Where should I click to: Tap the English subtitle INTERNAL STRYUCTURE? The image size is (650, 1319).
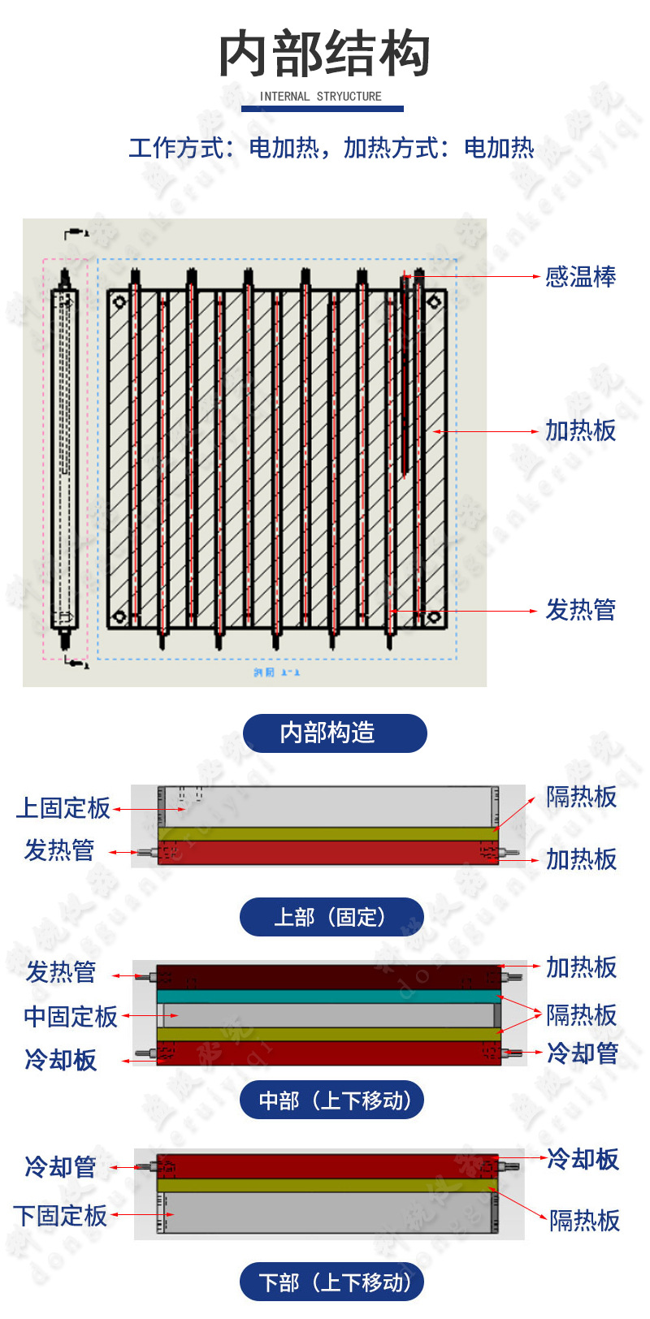(x=320, y=96)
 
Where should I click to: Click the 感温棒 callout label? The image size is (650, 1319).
(x=580, y=277)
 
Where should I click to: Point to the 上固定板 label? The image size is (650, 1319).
(x=63, y=808)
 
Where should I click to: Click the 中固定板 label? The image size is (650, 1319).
(x=71, y=1016)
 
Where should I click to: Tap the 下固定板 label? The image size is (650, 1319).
(x=61, y=1216)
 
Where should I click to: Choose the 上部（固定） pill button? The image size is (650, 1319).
(x=331, y=917)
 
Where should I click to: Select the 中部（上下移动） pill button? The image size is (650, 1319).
(x=331, y=1101)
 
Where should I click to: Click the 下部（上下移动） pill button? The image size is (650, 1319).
(x=331, y=1282)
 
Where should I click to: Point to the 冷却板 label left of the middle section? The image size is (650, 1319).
(x=61, y=1060)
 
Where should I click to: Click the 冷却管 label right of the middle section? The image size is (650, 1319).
(x=583, y=1053)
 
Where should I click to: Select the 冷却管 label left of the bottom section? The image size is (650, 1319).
(x=61, y=1167)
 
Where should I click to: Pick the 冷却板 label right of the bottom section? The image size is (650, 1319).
(x=583, y=1159)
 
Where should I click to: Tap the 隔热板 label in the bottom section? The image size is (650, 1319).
(x=584, y=1220)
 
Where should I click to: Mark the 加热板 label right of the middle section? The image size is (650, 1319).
(x=581, y=967)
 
